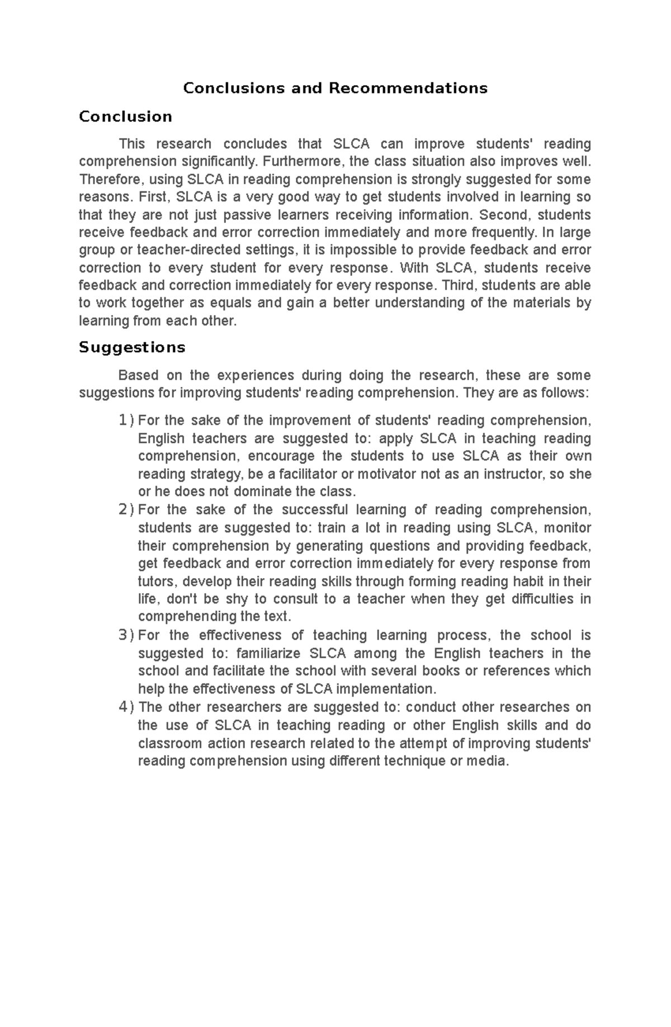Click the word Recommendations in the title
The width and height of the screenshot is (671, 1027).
coord(408,88)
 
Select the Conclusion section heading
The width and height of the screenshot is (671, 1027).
coord(125,117)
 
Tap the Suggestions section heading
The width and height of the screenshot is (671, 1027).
coord(132,348)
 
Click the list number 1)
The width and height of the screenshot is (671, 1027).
coord(126,420)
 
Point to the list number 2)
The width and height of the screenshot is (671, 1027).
coord(126,510)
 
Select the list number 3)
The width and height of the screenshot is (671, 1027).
coord(126,635)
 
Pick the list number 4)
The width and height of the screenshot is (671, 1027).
coord(126,707)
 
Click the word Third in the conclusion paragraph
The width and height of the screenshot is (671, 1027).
coord(459,285)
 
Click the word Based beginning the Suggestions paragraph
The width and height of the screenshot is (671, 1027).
coord(135,375)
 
